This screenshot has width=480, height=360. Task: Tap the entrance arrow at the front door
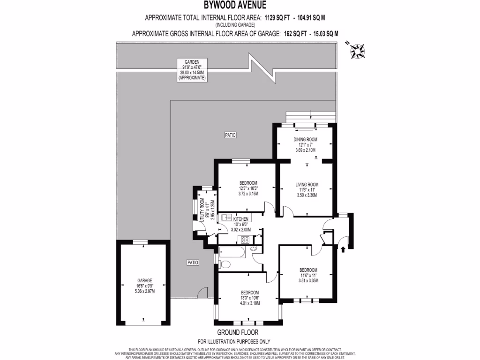(344, 249)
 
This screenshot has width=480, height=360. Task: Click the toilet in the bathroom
(224, 264)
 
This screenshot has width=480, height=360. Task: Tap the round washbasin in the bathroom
(255, 248)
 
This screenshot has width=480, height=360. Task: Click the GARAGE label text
(144, 280)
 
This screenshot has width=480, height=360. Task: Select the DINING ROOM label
(306, 140)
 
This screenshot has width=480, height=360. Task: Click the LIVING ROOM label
(307, 184)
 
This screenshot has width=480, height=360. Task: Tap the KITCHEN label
(241, 219)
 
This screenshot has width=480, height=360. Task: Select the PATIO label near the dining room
(230, 135)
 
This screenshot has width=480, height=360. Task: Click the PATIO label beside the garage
(192, 262)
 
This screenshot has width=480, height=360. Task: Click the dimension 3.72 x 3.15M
(248, 193)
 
